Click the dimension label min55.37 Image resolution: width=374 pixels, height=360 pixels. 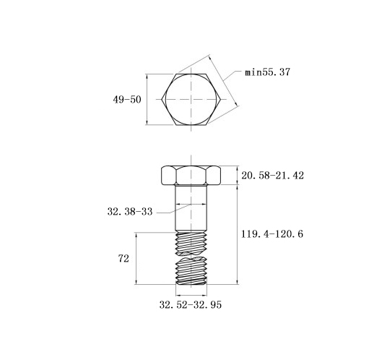coord(267,72)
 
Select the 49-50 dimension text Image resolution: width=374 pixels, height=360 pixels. coord(127,99)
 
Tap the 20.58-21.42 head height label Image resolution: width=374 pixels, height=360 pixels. coord(272,176)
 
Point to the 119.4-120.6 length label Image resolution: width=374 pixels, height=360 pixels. coord(272,233)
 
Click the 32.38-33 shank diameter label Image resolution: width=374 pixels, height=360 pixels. coord(130,212)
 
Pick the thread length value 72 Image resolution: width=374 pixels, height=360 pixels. coord(123,259)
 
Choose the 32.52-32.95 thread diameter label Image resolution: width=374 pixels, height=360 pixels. coord(190,305)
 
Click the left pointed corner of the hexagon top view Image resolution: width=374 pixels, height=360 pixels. coord(162,99)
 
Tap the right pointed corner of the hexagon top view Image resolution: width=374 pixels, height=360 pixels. coord(221,99)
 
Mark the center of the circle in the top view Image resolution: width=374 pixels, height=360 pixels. coord(191,99)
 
